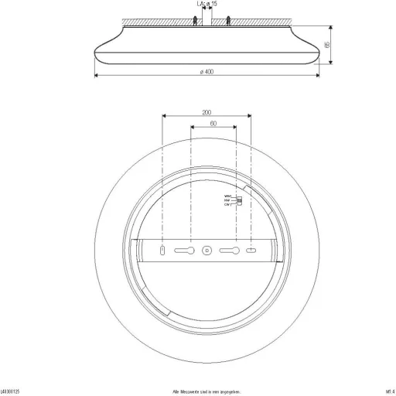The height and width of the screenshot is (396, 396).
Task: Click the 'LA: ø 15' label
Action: pyautogui.click(x=206, y=4)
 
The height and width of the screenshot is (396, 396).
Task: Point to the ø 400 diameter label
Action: pyautogui.click(x=206, y=72)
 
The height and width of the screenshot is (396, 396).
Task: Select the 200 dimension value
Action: pyautogui.click(x=207, y=113)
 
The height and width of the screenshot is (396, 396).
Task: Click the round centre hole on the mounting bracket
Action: pyautogui.click(x=207, y=251)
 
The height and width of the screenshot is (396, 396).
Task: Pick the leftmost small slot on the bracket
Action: pyautogui.click(x=162, y=251)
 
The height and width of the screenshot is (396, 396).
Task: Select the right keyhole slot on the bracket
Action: pyautogui.click(x=230, y=251)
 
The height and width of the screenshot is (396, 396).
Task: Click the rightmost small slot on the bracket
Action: pyautogui.click(x=251, y=251)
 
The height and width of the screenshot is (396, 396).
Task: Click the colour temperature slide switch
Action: pyautogui.click(x=238, y=202)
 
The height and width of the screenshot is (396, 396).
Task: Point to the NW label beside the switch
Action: pyautogui.click(x=227, y=201)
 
